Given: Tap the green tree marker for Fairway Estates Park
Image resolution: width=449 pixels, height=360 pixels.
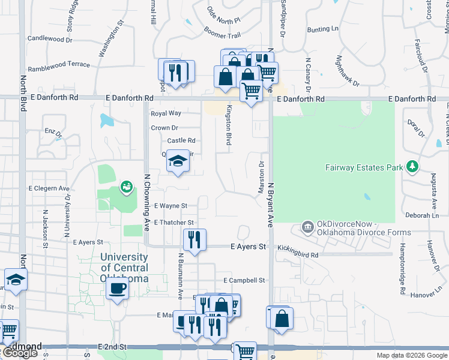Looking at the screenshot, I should pos(412,166).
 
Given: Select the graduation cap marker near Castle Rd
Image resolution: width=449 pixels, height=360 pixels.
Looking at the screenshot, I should pos(178,161).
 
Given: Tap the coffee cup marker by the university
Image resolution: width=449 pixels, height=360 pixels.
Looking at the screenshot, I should pos(117,289).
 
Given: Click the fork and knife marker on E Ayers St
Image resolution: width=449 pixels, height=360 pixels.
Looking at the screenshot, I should pos(194,240).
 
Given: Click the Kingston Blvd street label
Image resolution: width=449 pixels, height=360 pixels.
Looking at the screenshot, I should pos(229,125).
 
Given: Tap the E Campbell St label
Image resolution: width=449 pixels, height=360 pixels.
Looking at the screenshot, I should pos(244,280).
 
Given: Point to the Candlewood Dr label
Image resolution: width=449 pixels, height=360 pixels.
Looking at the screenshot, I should pos(50,38).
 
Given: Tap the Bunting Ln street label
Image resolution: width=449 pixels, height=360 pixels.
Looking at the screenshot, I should pos(322,29).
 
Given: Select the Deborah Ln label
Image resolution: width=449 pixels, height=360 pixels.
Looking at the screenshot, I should pos(423,215).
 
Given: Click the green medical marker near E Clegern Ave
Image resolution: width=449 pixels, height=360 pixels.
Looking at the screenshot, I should pos(126,188).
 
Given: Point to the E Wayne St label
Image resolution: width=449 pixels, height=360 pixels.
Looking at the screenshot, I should pos(171,205).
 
